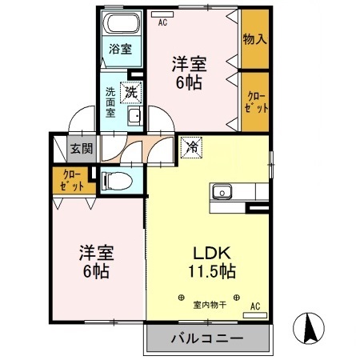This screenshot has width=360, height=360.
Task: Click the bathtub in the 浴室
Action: (x=122, y=25)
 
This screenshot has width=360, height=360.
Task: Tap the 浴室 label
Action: (x=122, y=49)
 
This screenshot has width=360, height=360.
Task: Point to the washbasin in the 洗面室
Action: (x=134, y=117)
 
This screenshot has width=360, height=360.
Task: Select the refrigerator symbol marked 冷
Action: (x=192, y=146)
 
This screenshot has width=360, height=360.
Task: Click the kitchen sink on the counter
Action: (x=221, y=191)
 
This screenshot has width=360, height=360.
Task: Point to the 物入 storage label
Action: (x=255, y=38)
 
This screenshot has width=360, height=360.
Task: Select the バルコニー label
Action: (x=206, y=339)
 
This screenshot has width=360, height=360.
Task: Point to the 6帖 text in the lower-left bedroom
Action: (x=94, y=270)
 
